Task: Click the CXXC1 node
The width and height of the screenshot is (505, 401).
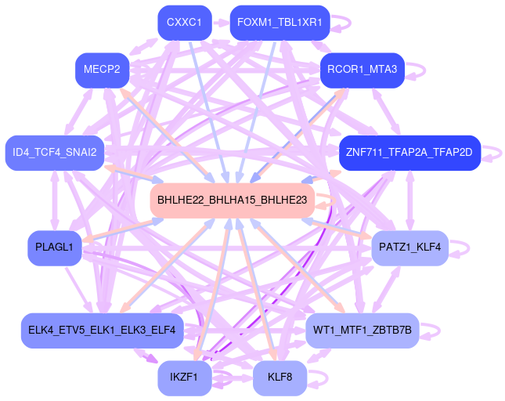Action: (x=184, y=23)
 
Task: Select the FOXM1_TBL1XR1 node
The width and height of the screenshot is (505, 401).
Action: (x=280, y=23)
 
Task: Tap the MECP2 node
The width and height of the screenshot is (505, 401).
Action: (x=102, y=70)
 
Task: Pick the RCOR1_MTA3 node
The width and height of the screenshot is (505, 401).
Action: (x=362, y=70)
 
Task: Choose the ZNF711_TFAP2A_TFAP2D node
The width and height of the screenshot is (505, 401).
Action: (x=409, y=152)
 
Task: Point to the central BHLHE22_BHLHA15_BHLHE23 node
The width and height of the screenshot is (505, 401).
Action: (x=232, y=200)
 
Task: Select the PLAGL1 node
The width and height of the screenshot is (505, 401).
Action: (x=54, y=247)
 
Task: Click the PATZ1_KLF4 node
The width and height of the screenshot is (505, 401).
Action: (x=409, y=247)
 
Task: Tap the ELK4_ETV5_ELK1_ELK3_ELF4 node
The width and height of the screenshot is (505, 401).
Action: (x=102, y=330)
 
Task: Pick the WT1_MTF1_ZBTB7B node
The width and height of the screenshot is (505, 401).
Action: (x=363, y=330)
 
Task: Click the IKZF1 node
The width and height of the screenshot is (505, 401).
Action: (x=184, y=378)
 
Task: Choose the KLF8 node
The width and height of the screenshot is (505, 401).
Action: (x=280, y=378)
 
